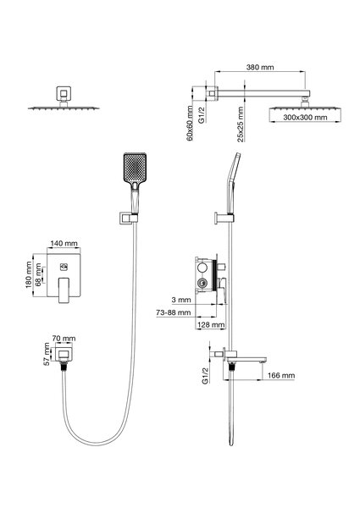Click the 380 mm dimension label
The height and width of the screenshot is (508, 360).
260,67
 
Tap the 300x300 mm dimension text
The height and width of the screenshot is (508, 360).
305,118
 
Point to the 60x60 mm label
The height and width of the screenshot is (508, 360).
190,123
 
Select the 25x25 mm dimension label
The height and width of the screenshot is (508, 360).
240,124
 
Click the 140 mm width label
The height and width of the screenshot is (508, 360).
64,243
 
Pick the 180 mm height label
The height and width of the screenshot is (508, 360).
29,274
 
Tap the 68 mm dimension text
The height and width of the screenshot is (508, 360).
38,274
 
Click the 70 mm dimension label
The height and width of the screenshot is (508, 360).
64,338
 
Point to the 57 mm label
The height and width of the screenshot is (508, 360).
47,354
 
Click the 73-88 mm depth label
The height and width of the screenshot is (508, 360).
174,312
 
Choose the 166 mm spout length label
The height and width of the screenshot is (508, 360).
281,375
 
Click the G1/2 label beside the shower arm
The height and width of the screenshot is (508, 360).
202,114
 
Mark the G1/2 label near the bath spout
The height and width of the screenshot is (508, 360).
205,376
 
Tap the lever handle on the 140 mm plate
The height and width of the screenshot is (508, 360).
64,290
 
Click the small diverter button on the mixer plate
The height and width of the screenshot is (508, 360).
64,267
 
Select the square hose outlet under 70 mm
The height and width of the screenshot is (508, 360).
64,354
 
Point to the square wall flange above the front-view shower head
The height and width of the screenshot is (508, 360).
64,94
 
